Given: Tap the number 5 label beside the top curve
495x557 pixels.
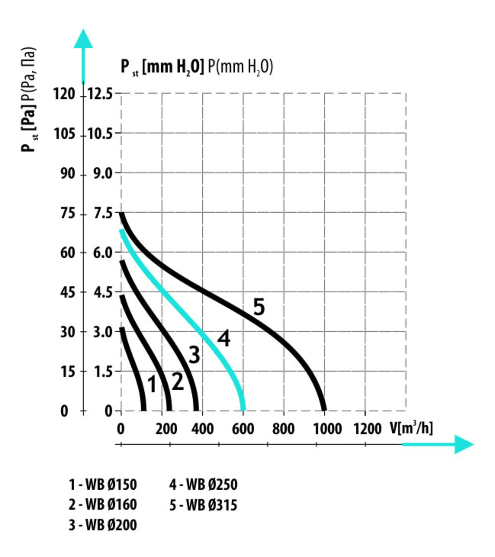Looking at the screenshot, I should (259, 307).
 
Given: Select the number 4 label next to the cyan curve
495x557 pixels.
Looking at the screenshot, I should (224, 338).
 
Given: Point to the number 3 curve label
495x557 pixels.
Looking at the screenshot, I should (194, 355).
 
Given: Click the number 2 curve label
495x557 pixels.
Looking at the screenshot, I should (177, 381).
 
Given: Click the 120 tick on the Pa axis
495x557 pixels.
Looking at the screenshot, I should (64, 94).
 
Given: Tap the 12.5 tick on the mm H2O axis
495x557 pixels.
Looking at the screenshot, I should (100, 94).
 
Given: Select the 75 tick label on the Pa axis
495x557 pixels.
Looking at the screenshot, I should (68, 214).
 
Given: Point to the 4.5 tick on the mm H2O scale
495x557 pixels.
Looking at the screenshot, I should (103, 292).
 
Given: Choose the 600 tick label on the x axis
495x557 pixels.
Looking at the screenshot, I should (243, 429).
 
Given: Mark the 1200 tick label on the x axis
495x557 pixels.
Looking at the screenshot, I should (367, 429).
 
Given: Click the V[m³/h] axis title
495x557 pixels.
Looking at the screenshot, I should (411, 428).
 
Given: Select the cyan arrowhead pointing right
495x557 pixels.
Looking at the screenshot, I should (463, 444).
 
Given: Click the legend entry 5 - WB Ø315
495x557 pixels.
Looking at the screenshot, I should (203, 505).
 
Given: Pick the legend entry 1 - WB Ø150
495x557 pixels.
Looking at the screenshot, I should (103, 485).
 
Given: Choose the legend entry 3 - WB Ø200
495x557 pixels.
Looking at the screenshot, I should (103, 525).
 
